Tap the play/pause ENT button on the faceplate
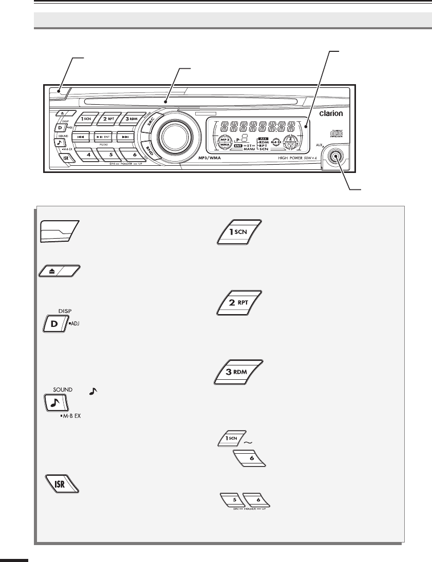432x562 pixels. coord(106,137)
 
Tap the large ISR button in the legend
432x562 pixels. coord(60,483)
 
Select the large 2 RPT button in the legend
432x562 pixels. coord(240,302)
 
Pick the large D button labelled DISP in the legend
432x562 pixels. coord(55,325)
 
